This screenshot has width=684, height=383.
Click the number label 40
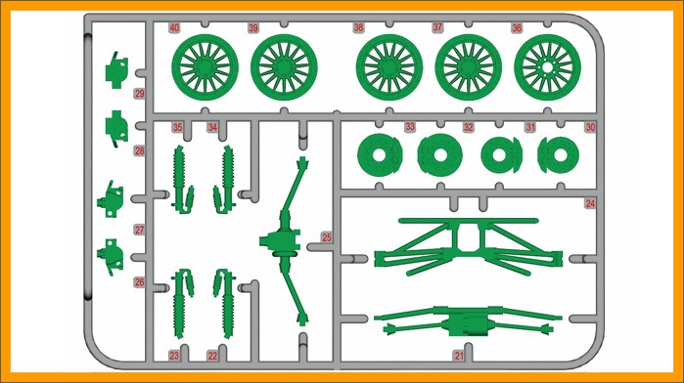(174, 28)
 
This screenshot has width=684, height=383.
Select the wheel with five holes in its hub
(547, 67)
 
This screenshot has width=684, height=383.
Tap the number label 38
(358, 27)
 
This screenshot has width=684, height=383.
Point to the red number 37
(437, 27)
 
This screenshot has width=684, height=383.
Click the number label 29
(139, 94)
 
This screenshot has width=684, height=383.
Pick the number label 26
(139, 282)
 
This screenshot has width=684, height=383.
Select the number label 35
(177, 127)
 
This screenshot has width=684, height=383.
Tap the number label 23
(174, 356)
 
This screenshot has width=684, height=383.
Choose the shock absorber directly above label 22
(225, 303)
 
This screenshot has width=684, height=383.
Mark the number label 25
(326, 237)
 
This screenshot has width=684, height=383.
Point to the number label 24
(590, 203)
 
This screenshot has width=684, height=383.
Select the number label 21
(459, 356)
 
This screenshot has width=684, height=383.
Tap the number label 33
(410, 127)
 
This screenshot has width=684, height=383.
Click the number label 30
(590, 127)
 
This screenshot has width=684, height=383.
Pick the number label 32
(468, 127)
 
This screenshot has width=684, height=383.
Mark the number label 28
(139, 150)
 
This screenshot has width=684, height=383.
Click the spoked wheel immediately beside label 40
(205, 67)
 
